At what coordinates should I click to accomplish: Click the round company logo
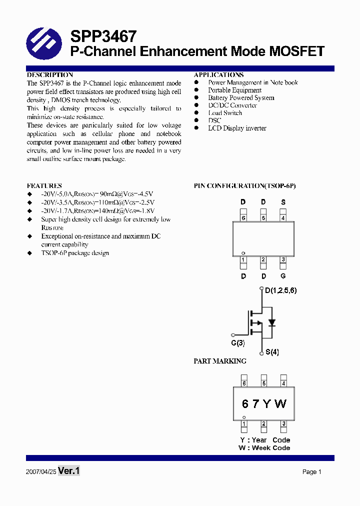(44, 44)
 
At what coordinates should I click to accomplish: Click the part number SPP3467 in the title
(103, 36)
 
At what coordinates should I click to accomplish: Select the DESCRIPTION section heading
(49, 75)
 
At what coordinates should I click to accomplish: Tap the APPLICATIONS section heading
(218, 75)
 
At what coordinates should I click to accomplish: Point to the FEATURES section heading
(44, 185)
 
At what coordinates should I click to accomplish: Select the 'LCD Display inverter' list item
(237, 128)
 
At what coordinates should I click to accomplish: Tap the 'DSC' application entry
(214, 120)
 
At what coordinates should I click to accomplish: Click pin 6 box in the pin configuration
(243, 217)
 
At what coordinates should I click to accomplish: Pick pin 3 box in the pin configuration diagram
(283, 260)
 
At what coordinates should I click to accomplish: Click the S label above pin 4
(283, 202)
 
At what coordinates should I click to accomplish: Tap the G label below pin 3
(283, 276)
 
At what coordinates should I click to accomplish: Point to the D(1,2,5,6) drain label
(280, 290)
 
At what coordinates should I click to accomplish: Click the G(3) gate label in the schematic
(238, 343)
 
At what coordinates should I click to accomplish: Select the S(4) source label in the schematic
(272, 352)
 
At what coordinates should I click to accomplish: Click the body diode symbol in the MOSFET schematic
(271, 322)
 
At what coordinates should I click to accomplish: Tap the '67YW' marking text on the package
(264, 404)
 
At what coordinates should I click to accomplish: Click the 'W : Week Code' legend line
(264, 448)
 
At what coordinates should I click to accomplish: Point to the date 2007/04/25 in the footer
(40, 471)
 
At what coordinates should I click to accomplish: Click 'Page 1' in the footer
(311, 472)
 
